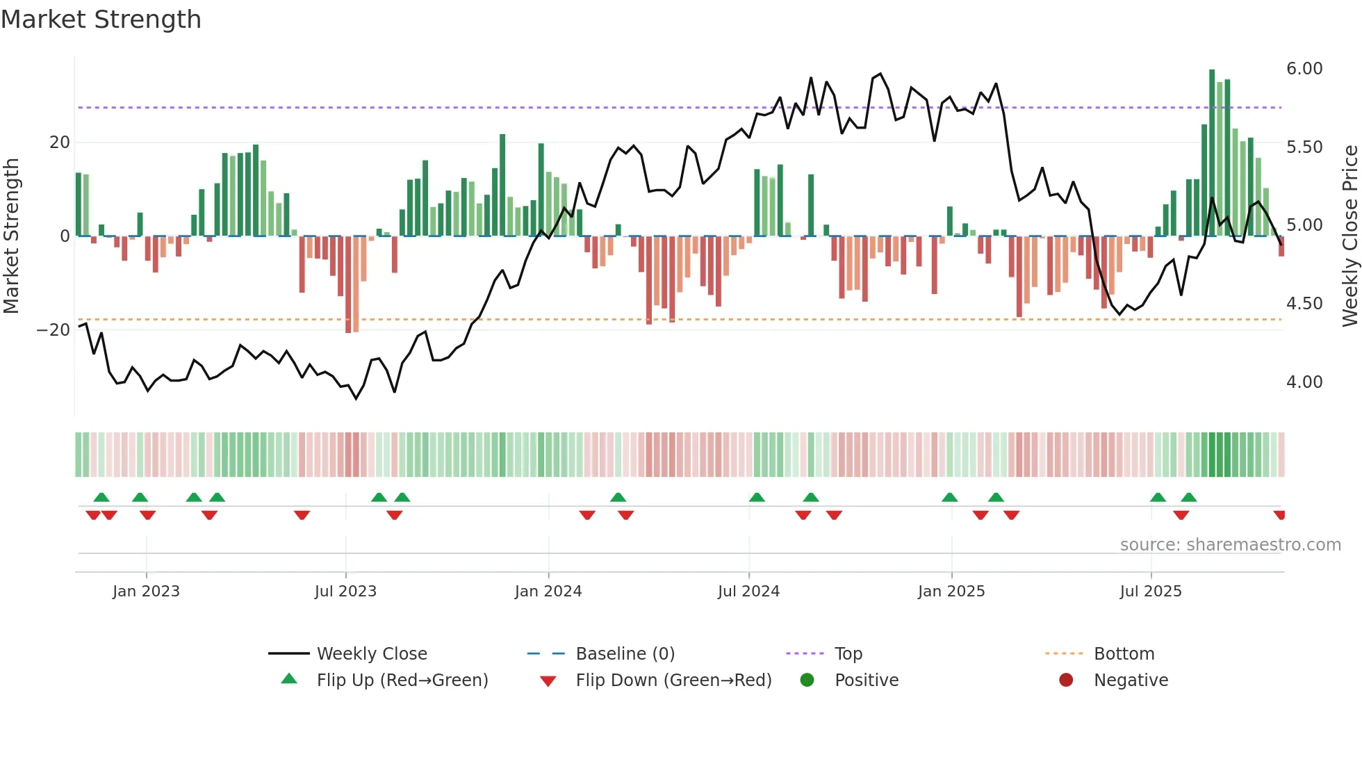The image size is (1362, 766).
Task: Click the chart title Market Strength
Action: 101,19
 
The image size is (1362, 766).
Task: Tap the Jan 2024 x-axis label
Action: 548,591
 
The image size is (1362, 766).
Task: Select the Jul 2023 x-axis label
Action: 345,591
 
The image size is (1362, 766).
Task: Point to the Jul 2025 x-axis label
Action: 1150,591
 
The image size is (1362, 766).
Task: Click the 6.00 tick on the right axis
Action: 1304,69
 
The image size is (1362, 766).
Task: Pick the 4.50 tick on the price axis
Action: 1304,304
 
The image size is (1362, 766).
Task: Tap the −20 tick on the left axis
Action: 54,330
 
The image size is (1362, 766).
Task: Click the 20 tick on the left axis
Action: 60,142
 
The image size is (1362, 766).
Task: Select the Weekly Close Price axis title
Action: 1349,236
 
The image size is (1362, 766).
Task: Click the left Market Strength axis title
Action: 12,236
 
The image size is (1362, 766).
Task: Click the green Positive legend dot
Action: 807,680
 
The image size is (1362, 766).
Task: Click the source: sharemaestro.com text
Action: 1230,545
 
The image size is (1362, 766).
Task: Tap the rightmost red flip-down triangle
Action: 1279,515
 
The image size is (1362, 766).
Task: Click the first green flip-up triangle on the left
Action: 101,497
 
